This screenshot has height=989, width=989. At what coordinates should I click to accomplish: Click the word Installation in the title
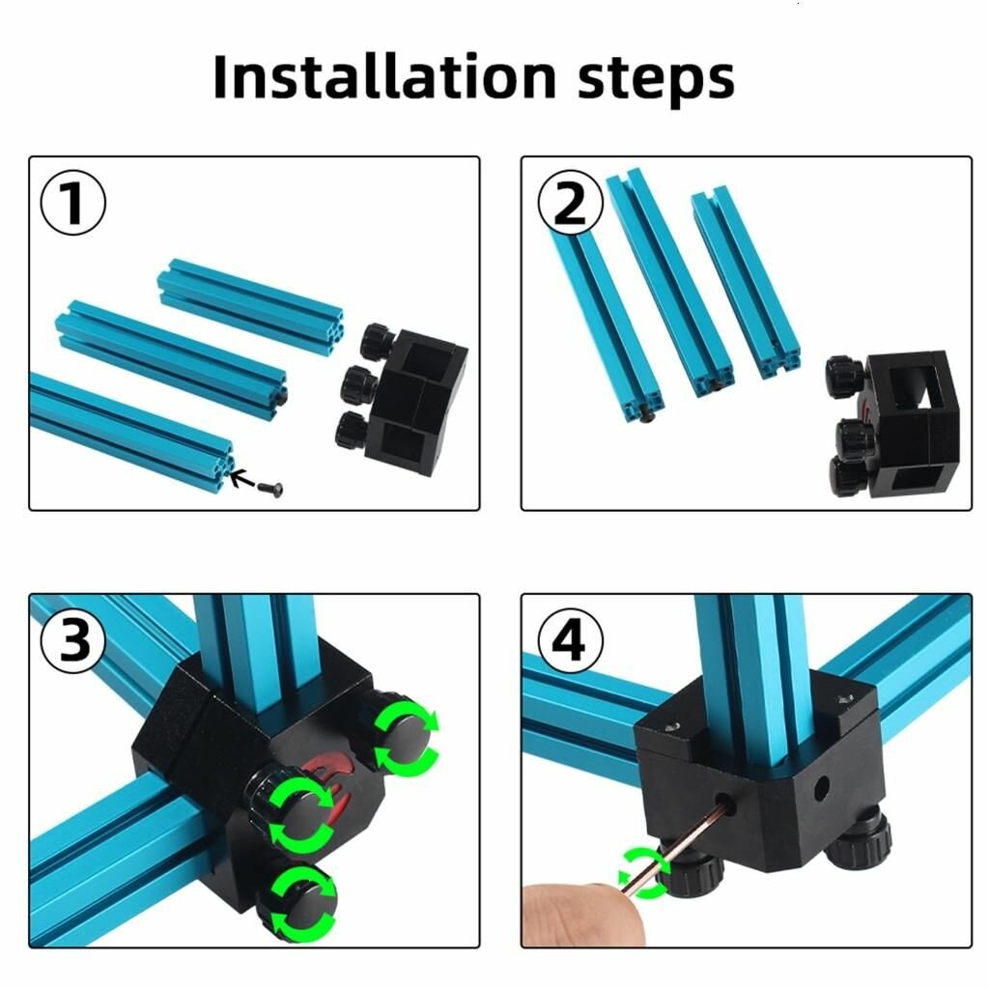pyautogui.click(x=384, y=76)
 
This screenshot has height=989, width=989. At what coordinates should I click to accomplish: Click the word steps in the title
pyautogui.click(x=656, y=80)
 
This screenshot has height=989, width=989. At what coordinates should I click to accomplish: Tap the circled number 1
pyautogui.click(x=73, y=203)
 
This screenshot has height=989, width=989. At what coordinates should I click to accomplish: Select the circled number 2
pyautogui.click(x=570, y=203)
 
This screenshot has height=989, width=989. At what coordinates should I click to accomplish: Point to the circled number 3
pyautogui.click(x=73, y=640)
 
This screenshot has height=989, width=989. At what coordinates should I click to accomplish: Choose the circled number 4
pyautogui.click(x=570, y=640)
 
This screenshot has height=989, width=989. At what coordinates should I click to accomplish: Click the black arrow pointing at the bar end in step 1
pyautogui.click(x=240, y=479)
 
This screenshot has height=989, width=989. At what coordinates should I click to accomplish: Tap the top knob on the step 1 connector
pyautogui.click(x=378, y=341)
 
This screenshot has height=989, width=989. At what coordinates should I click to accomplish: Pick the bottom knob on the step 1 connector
pyautogui.click(x=352, y=430)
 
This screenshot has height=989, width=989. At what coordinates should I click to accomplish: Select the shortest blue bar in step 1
pyautogui.click(x=250, y=298)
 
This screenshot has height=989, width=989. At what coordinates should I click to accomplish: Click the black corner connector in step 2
pyautogui.click(x=911, y=424)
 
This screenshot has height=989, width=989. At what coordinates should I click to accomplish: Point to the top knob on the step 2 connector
pyautogui.click(x=844, y=378)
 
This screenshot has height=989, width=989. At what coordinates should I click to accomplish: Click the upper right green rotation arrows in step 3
pyautogui.click(x=405, y=738)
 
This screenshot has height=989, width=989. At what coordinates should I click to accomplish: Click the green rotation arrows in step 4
pyautogui.click(x=644, y=873)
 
